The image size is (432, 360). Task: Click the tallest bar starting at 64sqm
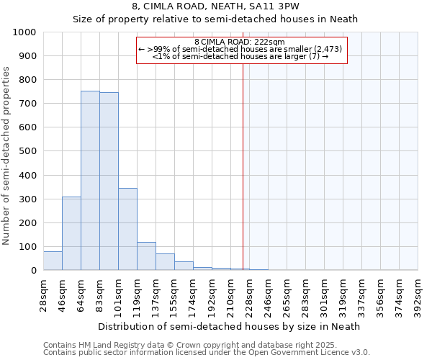point(90,180)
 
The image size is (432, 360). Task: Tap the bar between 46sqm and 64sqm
point(71,233)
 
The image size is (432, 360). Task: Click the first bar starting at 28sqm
point(53,261)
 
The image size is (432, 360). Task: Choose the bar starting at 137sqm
point(165,262)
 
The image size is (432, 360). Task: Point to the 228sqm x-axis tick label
point(249,295)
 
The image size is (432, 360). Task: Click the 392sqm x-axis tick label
point(418,295)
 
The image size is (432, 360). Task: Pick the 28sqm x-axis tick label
point(43,295)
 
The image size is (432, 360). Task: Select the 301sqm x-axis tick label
point(324,295)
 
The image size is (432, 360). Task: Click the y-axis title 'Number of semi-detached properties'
point(6,156)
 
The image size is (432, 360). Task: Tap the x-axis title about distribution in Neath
point(228,326)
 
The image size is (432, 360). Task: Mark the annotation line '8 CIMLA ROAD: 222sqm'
point(241,42)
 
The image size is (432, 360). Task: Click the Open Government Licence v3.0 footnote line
point(207,353)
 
